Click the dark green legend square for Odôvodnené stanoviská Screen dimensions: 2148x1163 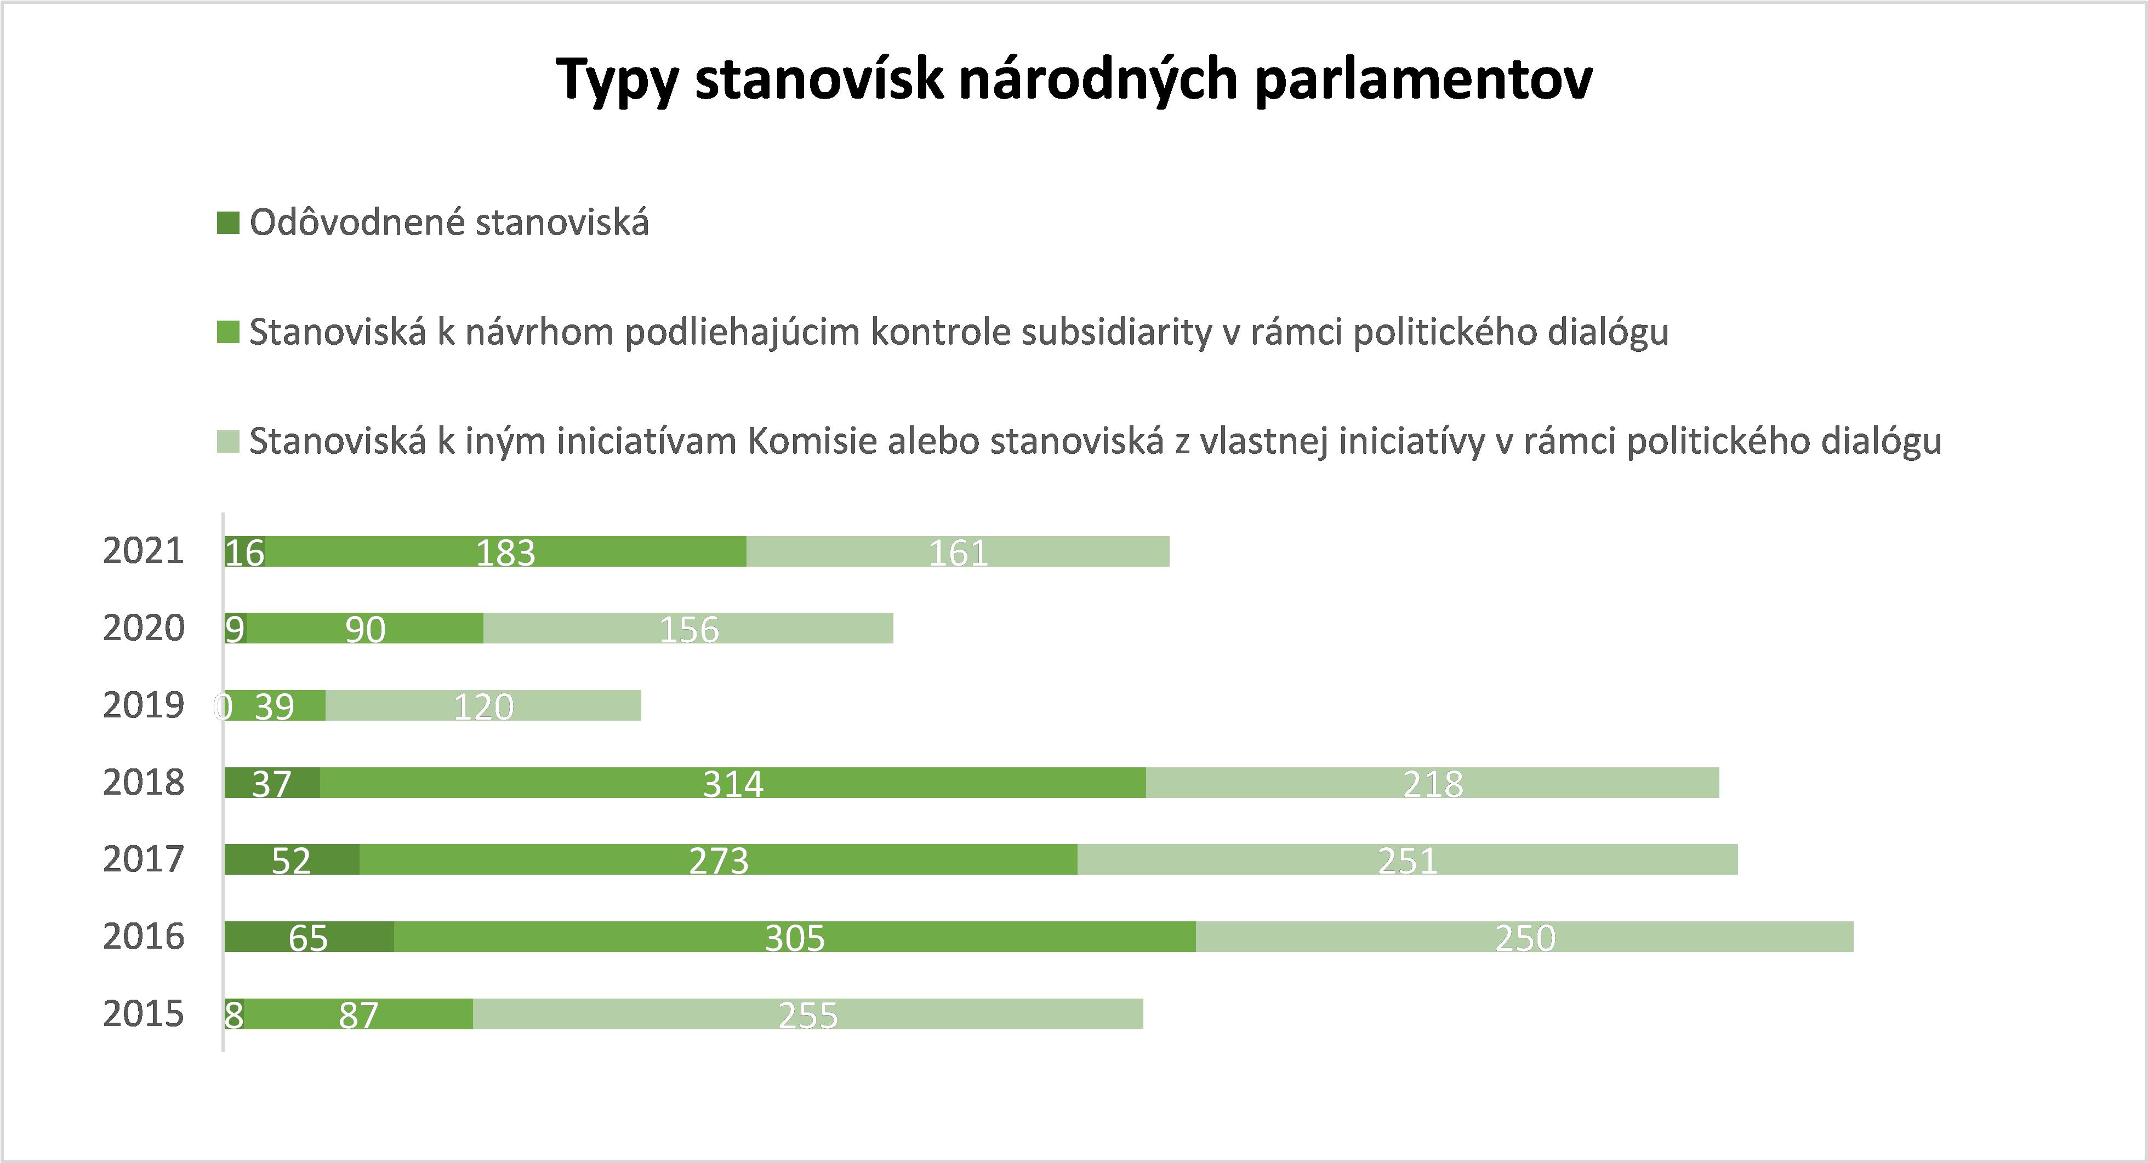pos(227,223)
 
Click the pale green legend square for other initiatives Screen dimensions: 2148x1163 pos(227,441)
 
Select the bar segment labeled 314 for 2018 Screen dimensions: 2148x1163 pos(733,783)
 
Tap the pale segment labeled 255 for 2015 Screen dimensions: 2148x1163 pos(808,1014)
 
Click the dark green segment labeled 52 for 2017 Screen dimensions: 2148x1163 pos(292,859)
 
